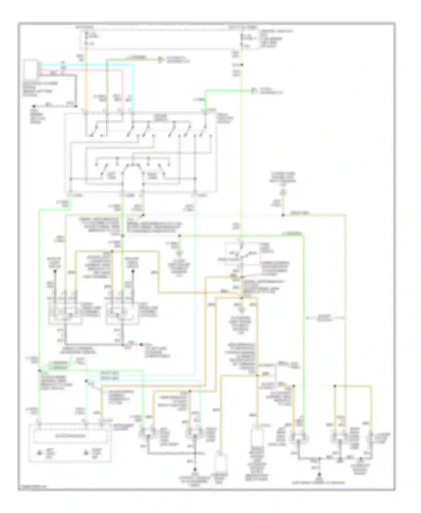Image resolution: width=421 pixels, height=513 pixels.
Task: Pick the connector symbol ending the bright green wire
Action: [x=253, y=90]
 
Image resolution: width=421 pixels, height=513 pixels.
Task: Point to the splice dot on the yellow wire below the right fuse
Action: [x=242, y=65]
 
